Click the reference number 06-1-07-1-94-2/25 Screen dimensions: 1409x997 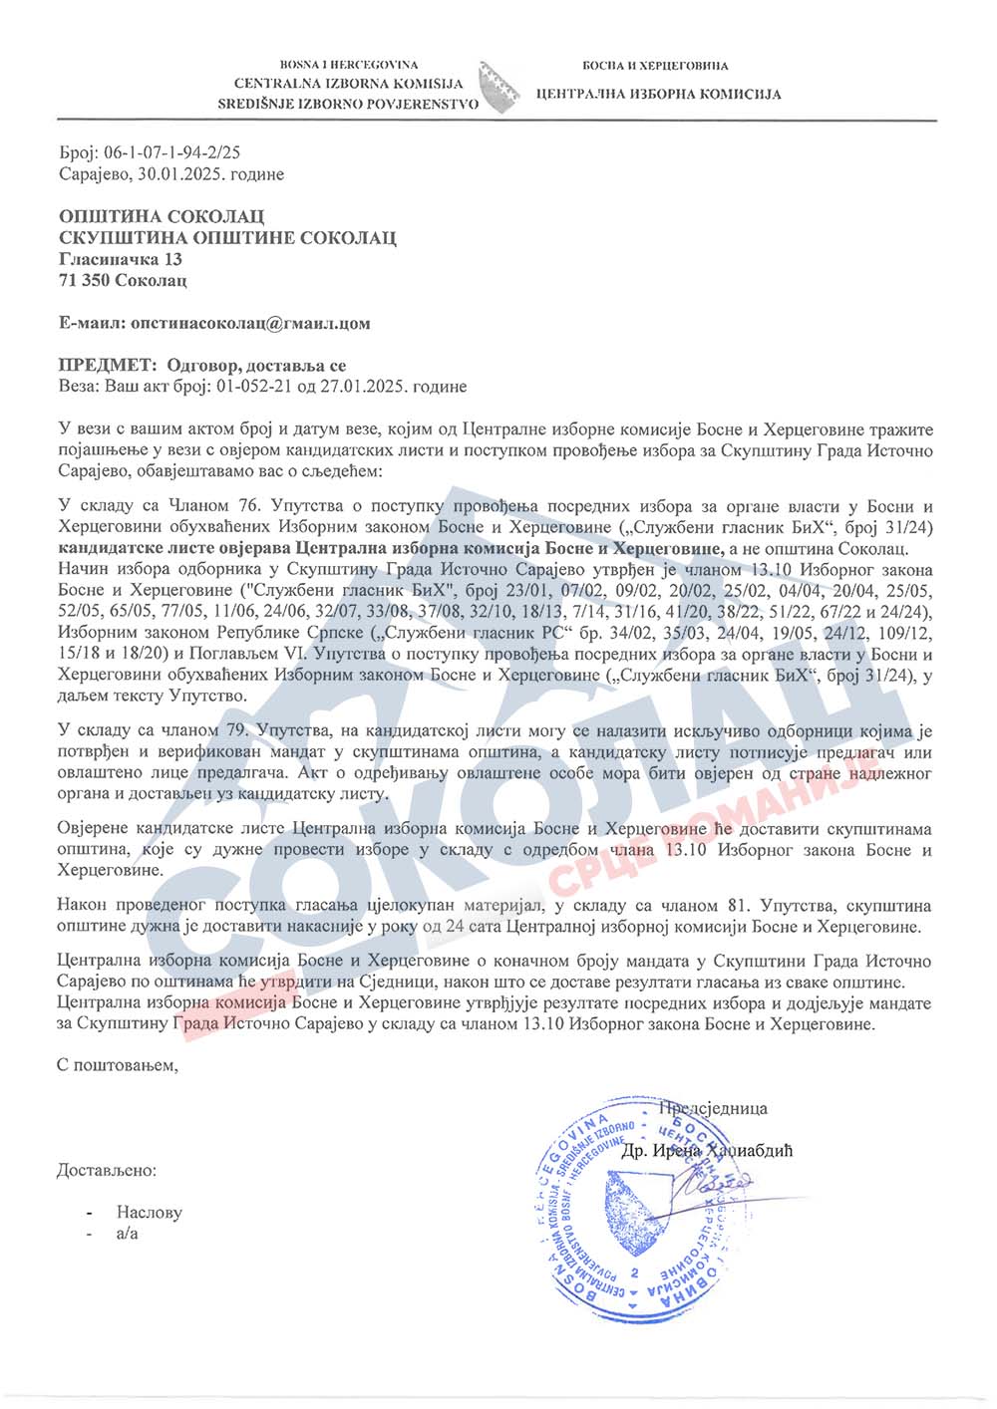click(171, 152)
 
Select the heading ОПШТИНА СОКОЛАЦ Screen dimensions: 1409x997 click(162, 216)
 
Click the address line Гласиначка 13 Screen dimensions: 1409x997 click(120, 259)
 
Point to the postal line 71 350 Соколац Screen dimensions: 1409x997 click(123, 280)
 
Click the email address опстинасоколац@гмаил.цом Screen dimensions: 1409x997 click(250, 323)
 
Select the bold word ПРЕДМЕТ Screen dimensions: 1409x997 click(107, 366)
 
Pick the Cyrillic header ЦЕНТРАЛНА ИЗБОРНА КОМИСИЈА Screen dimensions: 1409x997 click(658, 95)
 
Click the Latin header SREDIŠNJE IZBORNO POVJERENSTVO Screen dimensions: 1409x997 click(348, 104)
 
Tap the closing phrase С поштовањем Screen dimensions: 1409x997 click(118, 1065)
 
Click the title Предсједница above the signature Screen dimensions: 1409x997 click(713, 1108)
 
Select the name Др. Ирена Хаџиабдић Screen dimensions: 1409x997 click(707, 1151)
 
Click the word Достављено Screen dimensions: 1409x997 click(107, 1170)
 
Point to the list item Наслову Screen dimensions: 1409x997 click(149, 1213)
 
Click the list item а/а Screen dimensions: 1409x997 click(127, 1234)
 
